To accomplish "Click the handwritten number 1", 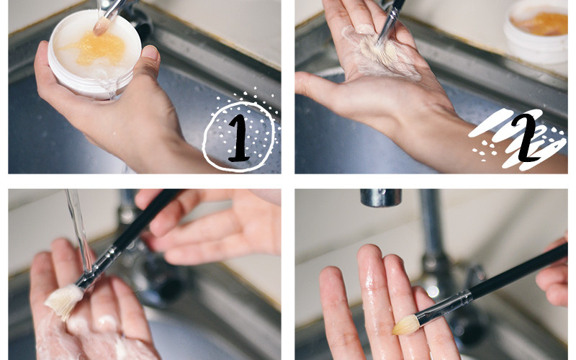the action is (240, 139).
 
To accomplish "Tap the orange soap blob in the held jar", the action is (96, 48).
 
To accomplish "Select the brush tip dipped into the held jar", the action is (102, 26).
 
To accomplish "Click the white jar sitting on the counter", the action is (536, 30).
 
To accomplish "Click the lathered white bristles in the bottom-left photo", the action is (64, 300).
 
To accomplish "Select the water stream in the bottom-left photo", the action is (79, 231).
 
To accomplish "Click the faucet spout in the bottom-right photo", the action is (381, 197).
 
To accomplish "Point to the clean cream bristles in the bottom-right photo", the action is (406, 325).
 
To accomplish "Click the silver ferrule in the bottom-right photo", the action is (444, 307).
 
